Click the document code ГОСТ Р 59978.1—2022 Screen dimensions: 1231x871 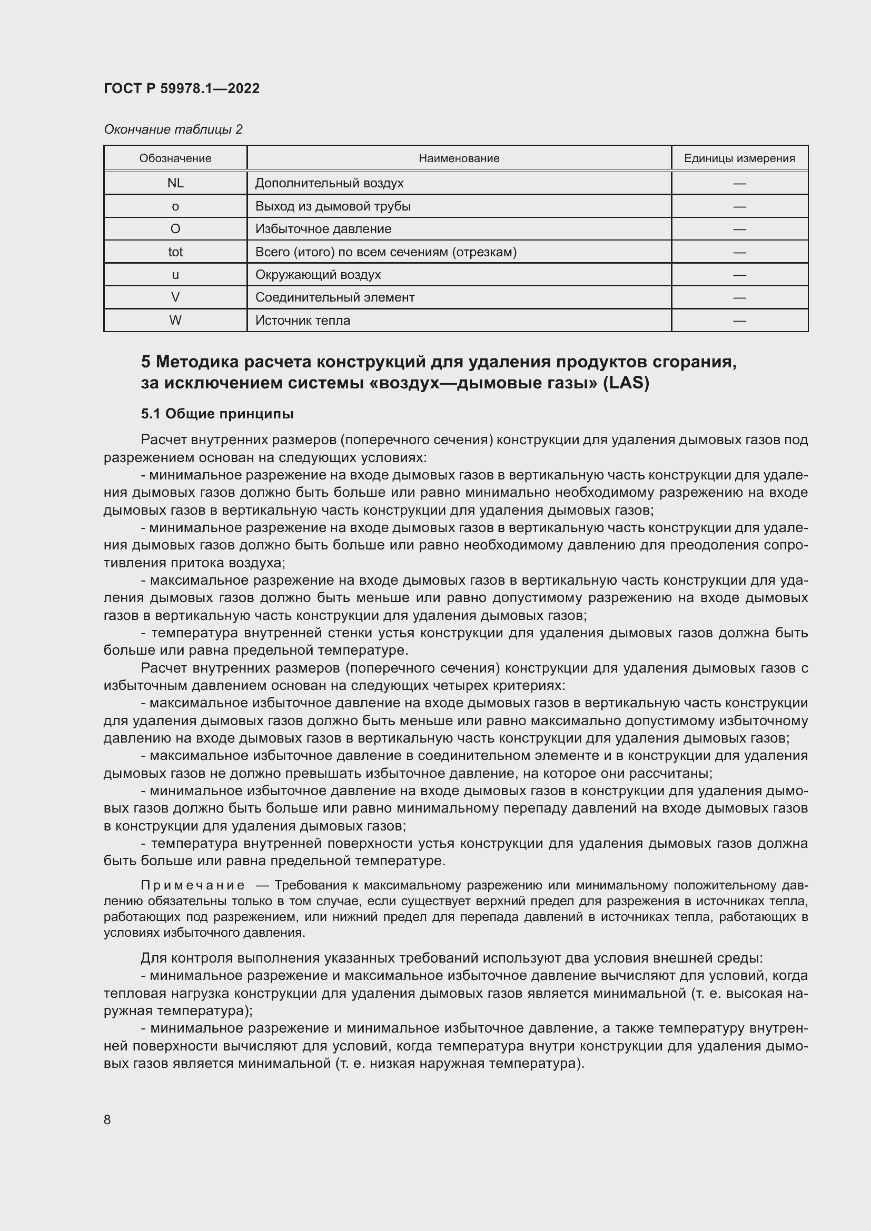[x=181, y=88]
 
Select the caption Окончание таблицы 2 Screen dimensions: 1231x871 [x=173, y=129]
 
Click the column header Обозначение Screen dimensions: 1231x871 [x=175, y=158]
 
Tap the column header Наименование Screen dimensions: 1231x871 [x=459, y=158]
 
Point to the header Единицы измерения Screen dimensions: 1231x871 [x=739, y=158]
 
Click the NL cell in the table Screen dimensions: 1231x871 [x=175, y=183]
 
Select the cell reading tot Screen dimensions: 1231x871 [x=175, y=252]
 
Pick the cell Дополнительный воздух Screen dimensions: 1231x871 [x=329, y=183]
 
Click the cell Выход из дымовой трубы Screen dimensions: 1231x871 [x=332, y=206]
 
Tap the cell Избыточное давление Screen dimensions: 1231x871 [x=323, y=229]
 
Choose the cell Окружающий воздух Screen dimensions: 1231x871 [x=318, y=275]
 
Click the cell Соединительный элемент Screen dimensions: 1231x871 [x=335, y=297]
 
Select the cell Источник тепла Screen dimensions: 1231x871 [x=302, y=321]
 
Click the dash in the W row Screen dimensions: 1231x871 [x=739, y=321]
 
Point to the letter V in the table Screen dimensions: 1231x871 [x=175, y=297]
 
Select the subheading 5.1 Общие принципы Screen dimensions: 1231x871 [x=217, y=414]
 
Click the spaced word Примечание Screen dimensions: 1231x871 [x=193, y=885]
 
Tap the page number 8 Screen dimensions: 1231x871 [x=107, y=1119]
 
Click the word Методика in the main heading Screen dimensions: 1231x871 [x=196, y=363]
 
